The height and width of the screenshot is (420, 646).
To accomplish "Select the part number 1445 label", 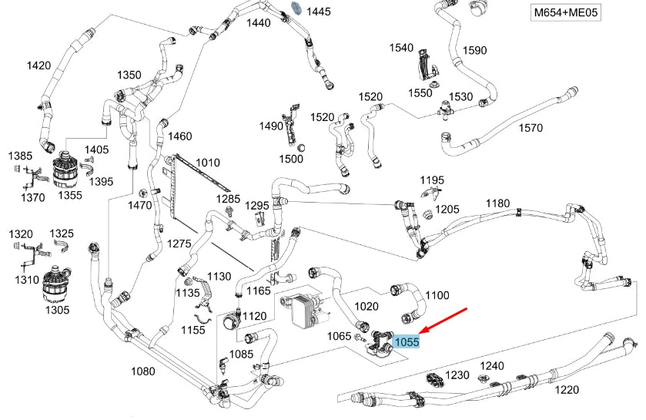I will (x=318, y=12).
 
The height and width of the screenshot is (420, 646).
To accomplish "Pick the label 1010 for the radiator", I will (x=207, y=163).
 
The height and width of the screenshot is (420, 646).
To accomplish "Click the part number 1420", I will (x=38, y=66).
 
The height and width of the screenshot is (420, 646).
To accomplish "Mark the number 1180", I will (x=497, y=203).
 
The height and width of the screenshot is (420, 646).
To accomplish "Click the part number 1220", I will (x=567, y=390).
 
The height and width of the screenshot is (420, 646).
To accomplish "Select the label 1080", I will (x=142, y=371).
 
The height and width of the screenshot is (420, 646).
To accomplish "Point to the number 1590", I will (x=474, y=51).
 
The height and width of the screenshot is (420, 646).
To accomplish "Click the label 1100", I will (x=437, y=295).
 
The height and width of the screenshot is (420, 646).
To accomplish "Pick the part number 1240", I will (x=492, y=366).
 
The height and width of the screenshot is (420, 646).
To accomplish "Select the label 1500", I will (x=291, y=159).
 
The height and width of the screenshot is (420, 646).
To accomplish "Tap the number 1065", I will (x=339, y=336).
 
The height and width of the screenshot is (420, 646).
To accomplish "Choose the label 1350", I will (x=129, y=76).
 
